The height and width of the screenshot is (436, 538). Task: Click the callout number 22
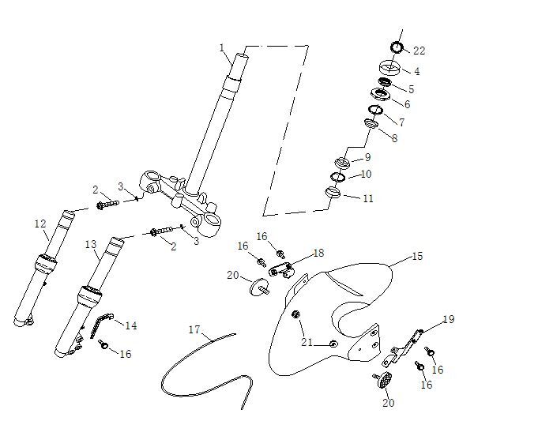click(x=419, y=51)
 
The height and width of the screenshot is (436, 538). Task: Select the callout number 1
click(x=223, y=47)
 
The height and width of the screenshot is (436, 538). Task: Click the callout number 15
click(x=418, y=257)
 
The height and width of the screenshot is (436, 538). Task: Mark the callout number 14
click(x=131, y=325)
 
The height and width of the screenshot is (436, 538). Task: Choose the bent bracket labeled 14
click(x=102, y=323)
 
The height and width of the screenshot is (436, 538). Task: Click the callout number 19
click(x=448, y=319)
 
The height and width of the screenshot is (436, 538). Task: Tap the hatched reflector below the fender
click(x=384, y=379)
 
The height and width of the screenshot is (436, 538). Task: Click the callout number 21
click(x=306, y=342)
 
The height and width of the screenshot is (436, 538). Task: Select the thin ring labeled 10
click(x=337, y=176)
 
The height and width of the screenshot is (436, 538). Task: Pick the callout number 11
click(x=367, y=198)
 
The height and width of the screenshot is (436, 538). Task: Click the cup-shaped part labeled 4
click(x=389, y=67)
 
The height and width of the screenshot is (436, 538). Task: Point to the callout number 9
click(x=367, y=157)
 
